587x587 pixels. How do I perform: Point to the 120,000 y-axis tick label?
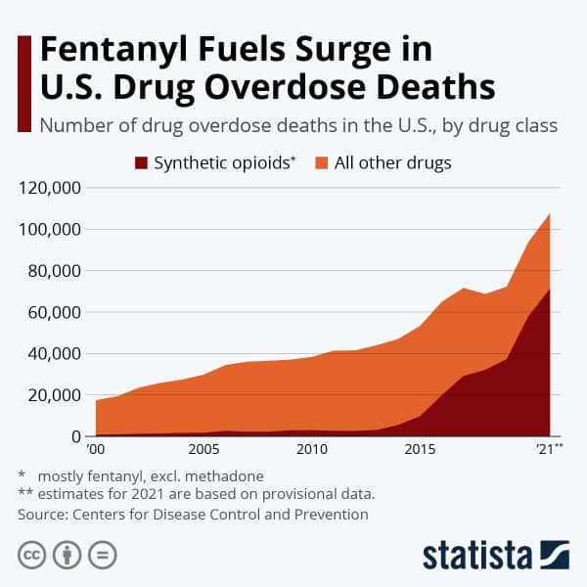point(50,188)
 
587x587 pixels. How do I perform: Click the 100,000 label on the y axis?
point(50,230)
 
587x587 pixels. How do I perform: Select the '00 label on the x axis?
point(96,449)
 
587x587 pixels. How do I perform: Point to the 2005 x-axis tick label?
point(203,449)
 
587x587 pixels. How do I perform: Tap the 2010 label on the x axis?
point(311,449)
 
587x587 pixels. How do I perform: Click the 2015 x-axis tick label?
point(420,449)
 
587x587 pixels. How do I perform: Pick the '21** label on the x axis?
point(546,449)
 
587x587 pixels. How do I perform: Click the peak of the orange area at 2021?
point(550,214)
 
